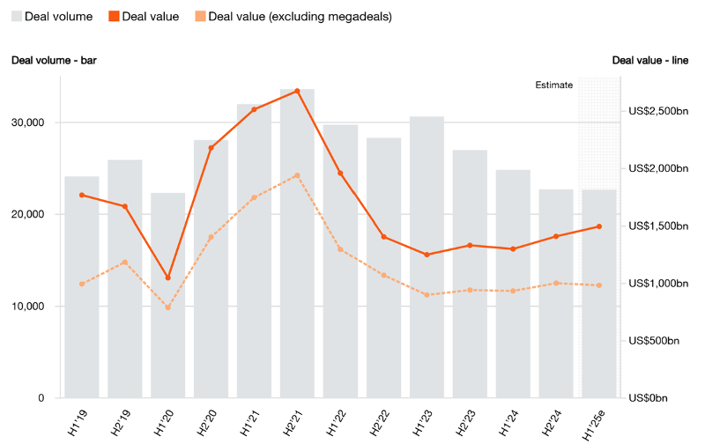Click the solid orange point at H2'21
(x=297, y=91)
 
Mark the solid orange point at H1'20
(x=167, y=278)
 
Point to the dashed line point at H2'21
(x=297, y=175)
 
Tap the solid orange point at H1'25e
(x=599, y=226)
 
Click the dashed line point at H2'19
(x=124, y=263)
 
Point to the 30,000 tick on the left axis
(x=32, y=122)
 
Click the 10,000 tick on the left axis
(x=32, y=307)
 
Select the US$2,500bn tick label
(x=657, y=111)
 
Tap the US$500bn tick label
(x=653, y=341)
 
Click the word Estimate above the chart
(x=554, y=85)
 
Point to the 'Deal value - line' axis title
(x=651, y=60)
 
